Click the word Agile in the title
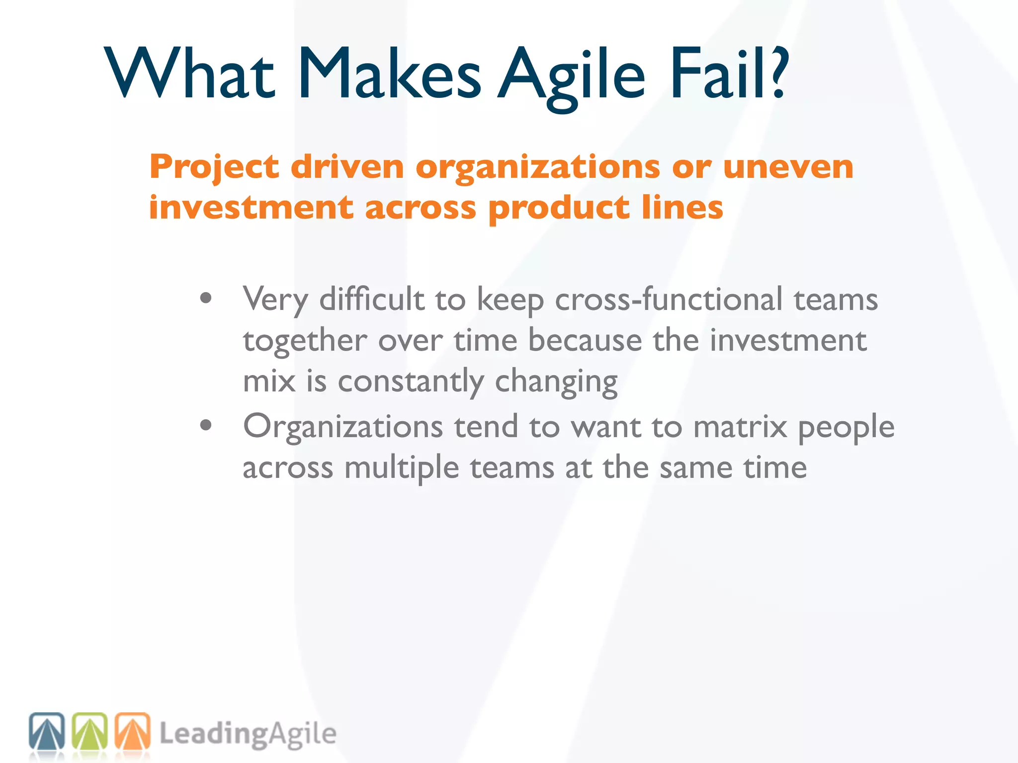pos(572,75)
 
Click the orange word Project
pos(214,168)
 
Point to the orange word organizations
pos(538,168)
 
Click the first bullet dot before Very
pos(206,299)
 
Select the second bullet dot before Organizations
pos(206,425)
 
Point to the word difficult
pos(372,300)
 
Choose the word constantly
pos(411,381)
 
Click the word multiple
pos(402,468)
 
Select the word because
pos(585,341)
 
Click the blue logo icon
pos(47,731)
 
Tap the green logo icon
pos(90,731)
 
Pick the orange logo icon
pos(133,731)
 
